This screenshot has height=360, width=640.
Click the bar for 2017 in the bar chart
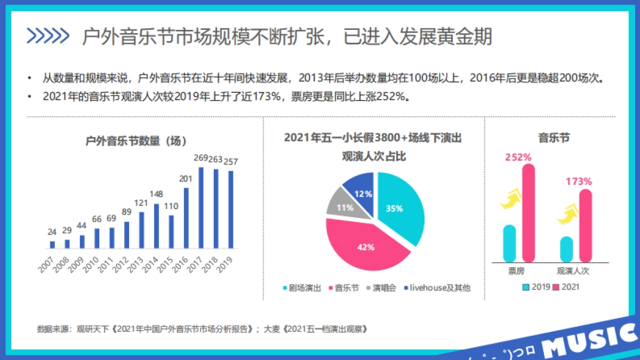pyautogui.click(x=201, y=208)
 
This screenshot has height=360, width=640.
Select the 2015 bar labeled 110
pyautogui.click(x=171, y=232)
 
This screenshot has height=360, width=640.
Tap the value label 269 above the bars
pyautogui.click(x=201, y=158)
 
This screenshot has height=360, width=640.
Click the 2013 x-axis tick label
pyautogui.click(x=136, y=264)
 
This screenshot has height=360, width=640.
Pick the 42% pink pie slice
pyautogui.click(x=363, y=245)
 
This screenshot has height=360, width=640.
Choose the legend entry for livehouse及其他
pyautogui.click(x=437, y=288)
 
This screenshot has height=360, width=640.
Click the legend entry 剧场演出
pyautogui.click(x=302, y=288)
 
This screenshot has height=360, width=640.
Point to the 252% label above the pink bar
pyautogui.click(x=518, y=157)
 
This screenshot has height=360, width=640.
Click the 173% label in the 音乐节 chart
pyautogui.click(x=578, y=181)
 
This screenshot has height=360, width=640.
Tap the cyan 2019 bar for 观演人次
pyautogui.click(x=566, y=249)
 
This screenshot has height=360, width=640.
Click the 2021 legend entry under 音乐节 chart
pyautogui.click(x=566, y=287)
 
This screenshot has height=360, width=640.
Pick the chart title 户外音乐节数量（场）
pyautogui.click(x=136, y=141)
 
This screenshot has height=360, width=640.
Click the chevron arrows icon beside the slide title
pyautogui.click(x=48, y=36)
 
